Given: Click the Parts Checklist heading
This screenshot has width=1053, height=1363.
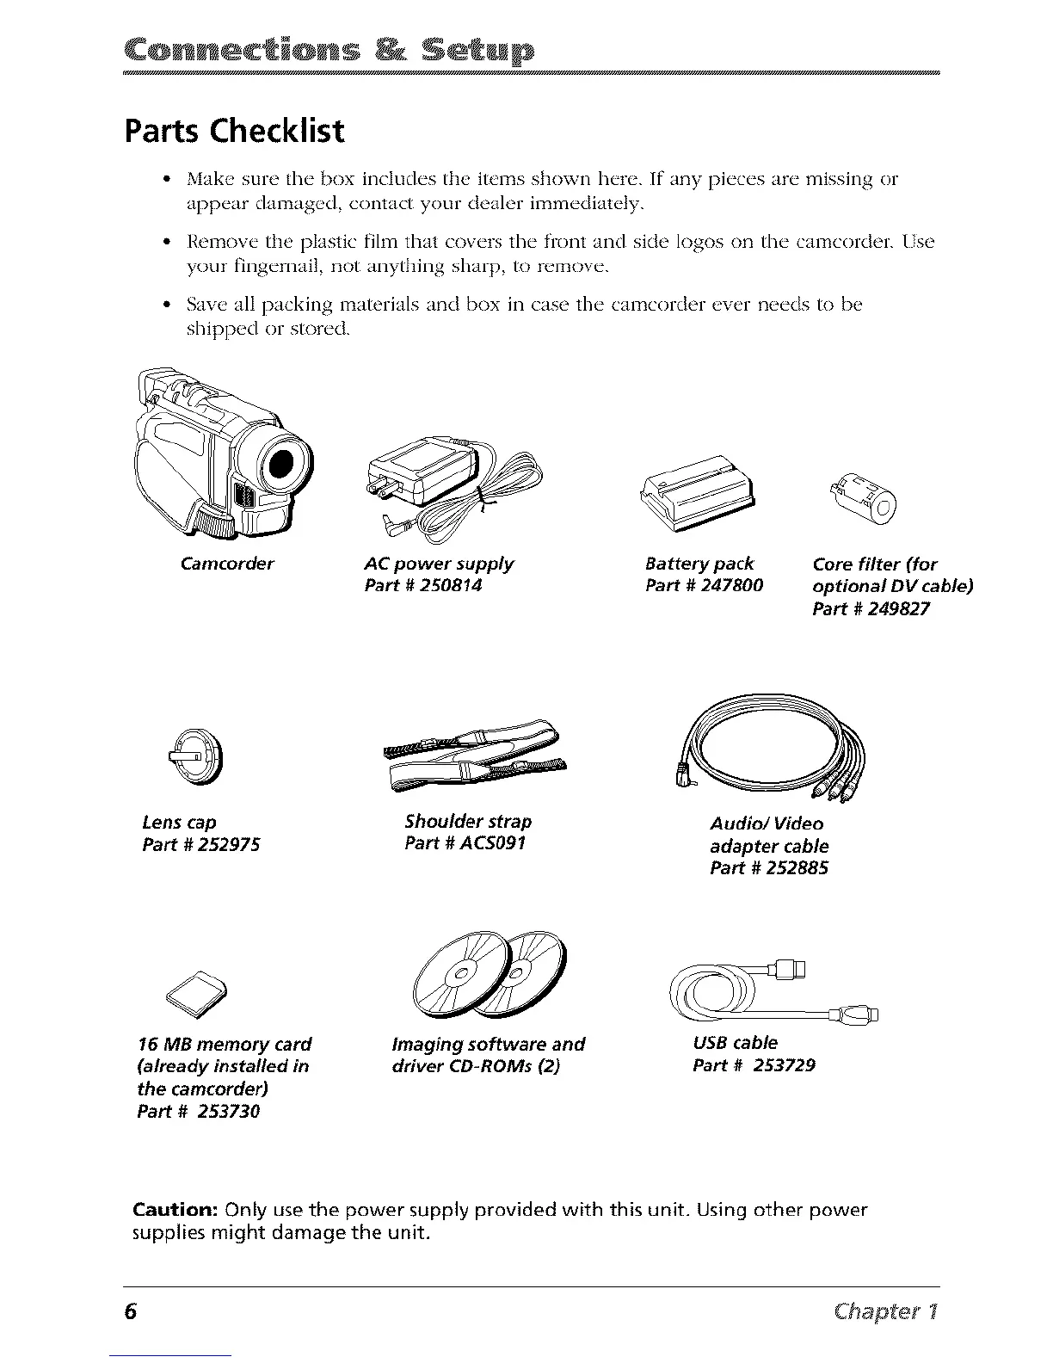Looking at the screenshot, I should [x=234, y=131].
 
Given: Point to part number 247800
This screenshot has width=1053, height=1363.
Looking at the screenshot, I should [x=726, y=586].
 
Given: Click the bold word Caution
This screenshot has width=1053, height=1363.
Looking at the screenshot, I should [x=175, y=1210].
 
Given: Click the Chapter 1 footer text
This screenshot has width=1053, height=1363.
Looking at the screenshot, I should [x=889, y=1311].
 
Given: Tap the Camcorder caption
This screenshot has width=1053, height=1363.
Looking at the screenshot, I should [x=227, y=564].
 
